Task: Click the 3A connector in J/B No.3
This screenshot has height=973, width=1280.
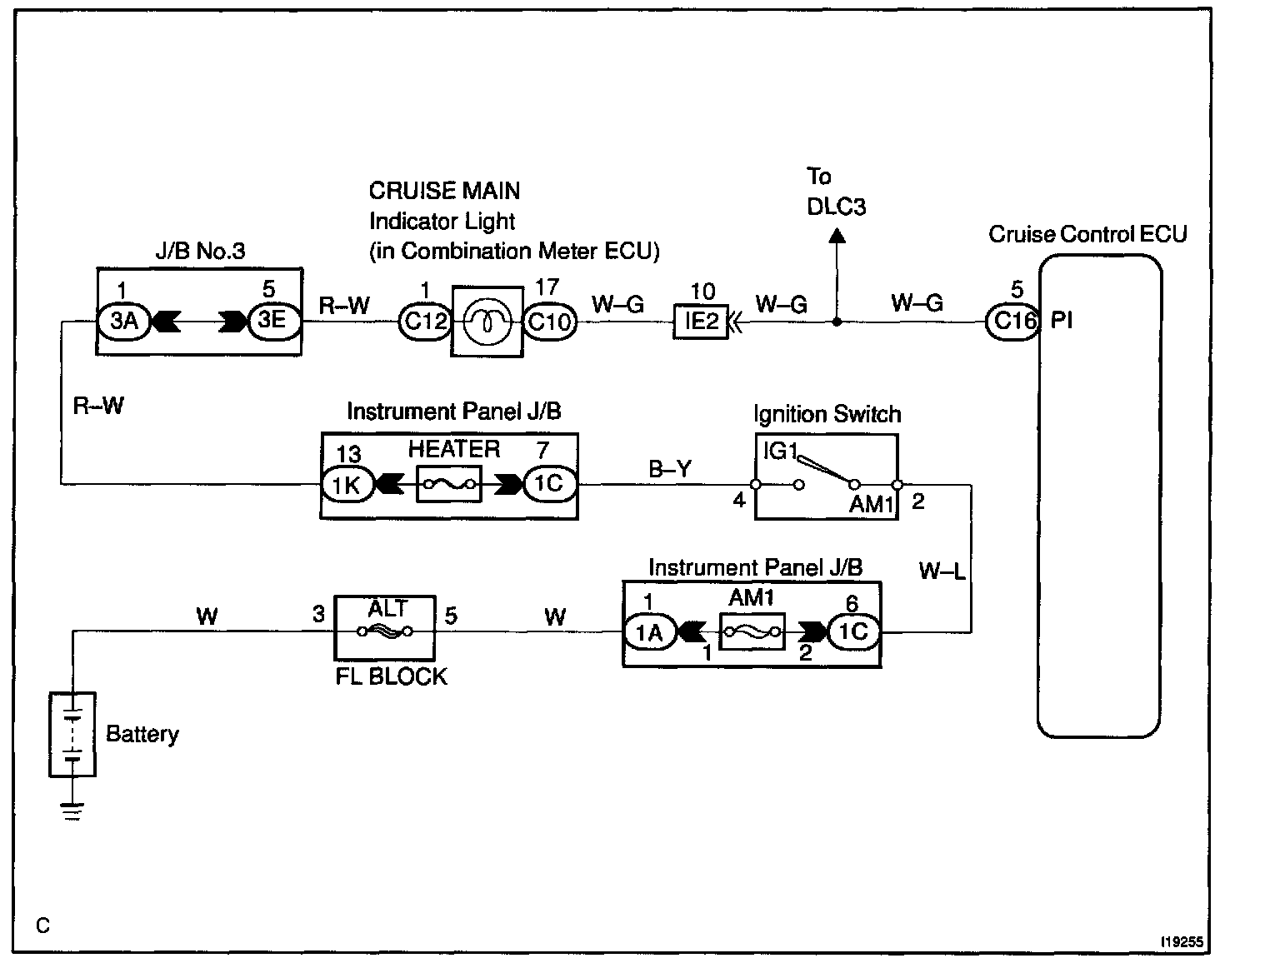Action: point(123,321)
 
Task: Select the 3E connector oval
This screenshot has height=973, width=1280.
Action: point(272,321)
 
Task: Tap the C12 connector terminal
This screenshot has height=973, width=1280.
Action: point(425,322)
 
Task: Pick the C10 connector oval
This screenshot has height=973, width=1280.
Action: point(549,322)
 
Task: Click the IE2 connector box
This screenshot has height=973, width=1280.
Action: point(701,322)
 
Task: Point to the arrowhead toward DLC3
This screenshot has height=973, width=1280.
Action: point(837,237)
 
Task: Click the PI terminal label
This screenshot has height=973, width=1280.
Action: point(1062,321)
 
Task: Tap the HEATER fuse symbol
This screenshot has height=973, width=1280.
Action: point(449,484)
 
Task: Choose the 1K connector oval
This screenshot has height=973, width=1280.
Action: point(346,485)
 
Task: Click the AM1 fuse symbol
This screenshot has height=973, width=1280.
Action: point(752,633)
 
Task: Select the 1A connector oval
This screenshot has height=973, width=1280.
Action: point(648,633)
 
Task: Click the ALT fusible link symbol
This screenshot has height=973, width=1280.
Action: point(384,631)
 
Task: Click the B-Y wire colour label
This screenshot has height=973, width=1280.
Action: point(670,470)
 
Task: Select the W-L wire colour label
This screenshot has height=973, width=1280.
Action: point(942,571)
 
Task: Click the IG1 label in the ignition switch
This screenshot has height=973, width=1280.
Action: point(781,452)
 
